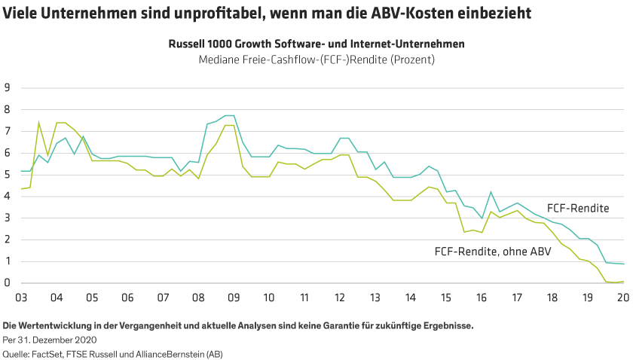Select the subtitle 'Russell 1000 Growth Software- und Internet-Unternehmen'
[316, 44]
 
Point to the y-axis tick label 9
[7, 87]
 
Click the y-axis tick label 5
[7, 175]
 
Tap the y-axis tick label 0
[7, 283]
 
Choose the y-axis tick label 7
[7, 131]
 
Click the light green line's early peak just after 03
[38, 121]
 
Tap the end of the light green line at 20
[622, 282]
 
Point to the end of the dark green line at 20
[622, 264]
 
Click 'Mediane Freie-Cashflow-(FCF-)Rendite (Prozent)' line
[316, 59]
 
